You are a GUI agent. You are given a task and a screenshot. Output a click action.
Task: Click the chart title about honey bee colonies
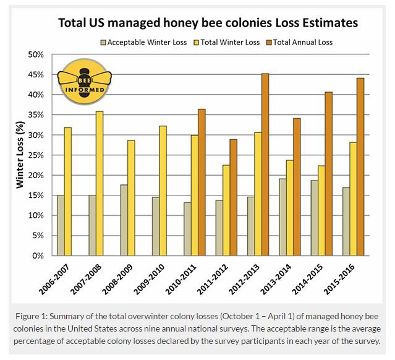(x=208, y=24)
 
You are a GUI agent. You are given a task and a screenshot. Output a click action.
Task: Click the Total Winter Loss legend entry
(x=230, y=43)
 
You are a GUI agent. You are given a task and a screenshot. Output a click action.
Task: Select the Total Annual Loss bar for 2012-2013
(x=265, y=165)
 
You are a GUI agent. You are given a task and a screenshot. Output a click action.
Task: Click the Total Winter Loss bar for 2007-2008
(x=100, y=183)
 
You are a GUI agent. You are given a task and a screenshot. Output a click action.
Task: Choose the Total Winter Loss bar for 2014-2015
(x=320, y=210)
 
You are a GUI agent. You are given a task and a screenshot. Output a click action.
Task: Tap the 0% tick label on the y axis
(x=38, y=255)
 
